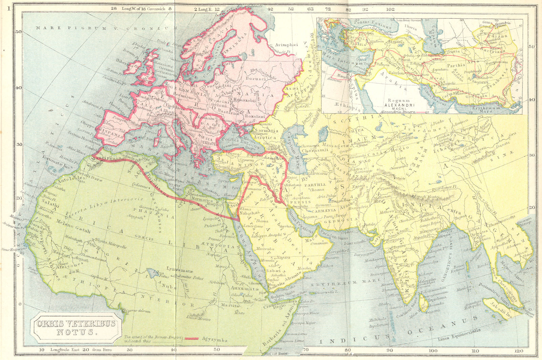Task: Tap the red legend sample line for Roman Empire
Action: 192,338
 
